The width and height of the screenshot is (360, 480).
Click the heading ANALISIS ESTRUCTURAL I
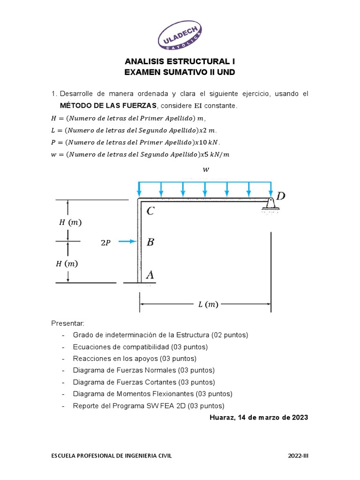point(180,61)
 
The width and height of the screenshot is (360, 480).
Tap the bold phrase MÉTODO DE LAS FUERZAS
point(109,106)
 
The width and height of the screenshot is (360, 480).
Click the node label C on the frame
point(150,211)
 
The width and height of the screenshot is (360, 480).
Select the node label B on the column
point(150,242)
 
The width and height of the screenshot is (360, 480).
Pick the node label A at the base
point(150,275)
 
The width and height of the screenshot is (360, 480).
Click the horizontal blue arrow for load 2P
point(127,241)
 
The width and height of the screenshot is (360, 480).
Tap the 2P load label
point(106,242)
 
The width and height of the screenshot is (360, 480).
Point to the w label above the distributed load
point(205,171)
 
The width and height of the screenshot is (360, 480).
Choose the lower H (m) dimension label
point(67,263)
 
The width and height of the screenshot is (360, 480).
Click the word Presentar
point(67,323)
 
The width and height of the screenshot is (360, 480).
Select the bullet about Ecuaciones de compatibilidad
point(140,347)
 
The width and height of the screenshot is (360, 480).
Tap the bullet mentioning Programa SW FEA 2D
point(149,405)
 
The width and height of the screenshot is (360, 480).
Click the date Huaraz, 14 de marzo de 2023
point(259,417)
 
